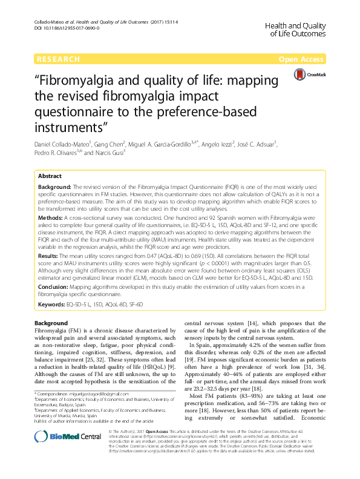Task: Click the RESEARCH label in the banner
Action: pos(58,59)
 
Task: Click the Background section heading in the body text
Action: pos(51,323)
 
